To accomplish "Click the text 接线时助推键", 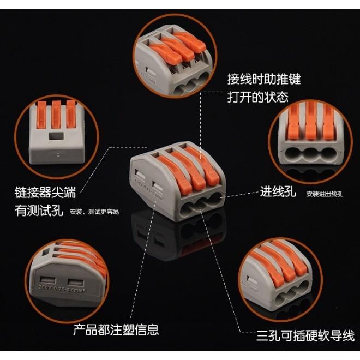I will [x=264, y=80].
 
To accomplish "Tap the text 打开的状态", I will [x=257, y=98].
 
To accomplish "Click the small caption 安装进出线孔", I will [x=325, y=194].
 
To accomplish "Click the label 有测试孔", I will [x=39, y=211].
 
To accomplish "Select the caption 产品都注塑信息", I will [x=116, y=329].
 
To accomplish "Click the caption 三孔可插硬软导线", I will [x=305, y=334].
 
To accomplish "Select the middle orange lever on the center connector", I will [x=185, y=170].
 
